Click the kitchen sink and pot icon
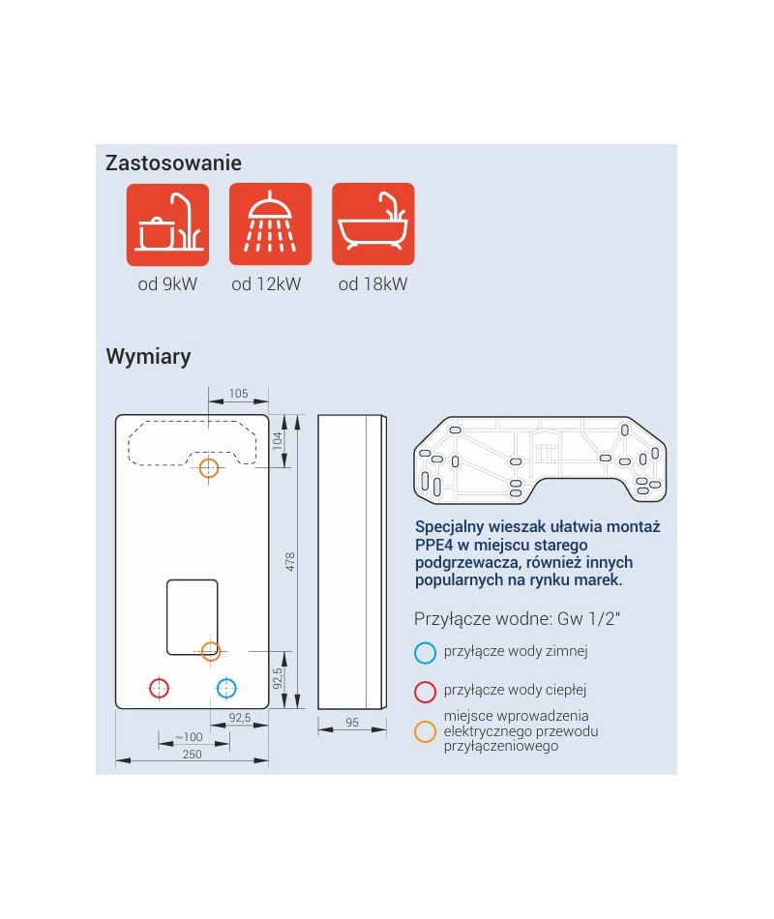pyautogui.click(x=167, y=224)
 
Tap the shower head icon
pyautogui.click(x=270, y=224)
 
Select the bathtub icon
pyautogui.click(x=373, y=224)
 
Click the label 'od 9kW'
pyautogui.click(x=167, y=284)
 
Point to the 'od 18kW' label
pyautogui.click(x=372, y=284)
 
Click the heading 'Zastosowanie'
pyautogui.click(x=173, y=163)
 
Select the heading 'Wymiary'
pyautogui.click(x=148, y=356)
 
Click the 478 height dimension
pyautogui.click(x=290, y=561)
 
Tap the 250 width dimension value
pyautogui.click(x=192, y=755)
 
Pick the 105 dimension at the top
pyautogui.click(x=239, y=394)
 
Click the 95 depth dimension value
pyautogui.click(x=352, y=723)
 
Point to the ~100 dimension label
pyautogui.click(x=189, y=737)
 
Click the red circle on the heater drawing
pyautogui.click(x=159, y=688)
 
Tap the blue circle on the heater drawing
pyautogui.click(x=226, y=688)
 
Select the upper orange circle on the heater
pyautogui.click(x=209, y=468)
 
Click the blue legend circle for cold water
pyautogui.click(x=425, y=652)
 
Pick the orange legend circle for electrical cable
pyautogui.click(x=425, y=731)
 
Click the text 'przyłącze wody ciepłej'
pyautogui.click(x=515, y=691)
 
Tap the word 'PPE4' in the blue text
pyautogui.click(x=433, y=545)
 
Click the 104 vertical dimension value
pyautogui.click(x=278, y=440)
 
